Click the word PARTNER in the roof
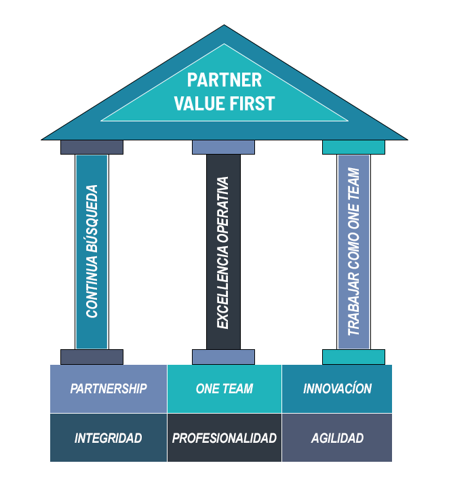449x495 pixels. (x=224, y=80)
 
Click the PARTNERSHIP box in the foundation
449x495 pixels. (x=109, y=389)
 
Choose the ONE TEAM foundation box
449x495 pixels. (x=224, y=389)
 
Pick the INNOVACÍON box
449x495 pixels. (x=337, y=389)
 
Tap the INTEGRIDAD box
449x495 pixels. (x=109, y=438)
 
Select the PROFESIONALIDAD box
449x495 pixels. (x=224, y=438)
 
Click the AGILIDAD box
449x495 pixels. (x=337, y=438)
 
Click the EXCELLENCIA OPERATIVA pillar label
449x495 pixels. (x=223, y=252)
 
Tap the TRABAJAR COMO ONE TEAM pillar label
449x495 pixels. (x=353, y=252)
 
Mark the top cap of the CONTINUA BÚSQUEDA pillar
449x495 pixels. (x=92, y=147)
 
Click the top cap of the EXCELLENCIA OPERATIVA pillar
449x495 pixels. (x=223, y=147)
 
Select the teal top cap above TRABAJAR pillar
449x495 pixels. (x=353, y=147)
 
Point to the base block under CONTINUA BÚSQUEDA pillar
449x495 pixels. (x=92, y=357)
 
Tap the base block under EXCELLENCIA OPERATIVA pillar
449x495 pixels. (x=223, y=357)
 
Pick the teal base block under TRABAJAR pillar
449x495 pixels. (x=353, y=357)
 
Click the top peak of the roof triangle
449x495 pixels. (x=224, y=28)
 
